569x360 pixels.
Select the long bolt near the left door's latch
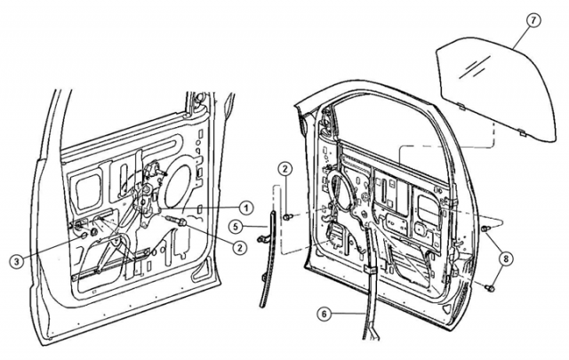174,221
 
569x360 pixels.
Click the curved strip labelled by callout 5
267,258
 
